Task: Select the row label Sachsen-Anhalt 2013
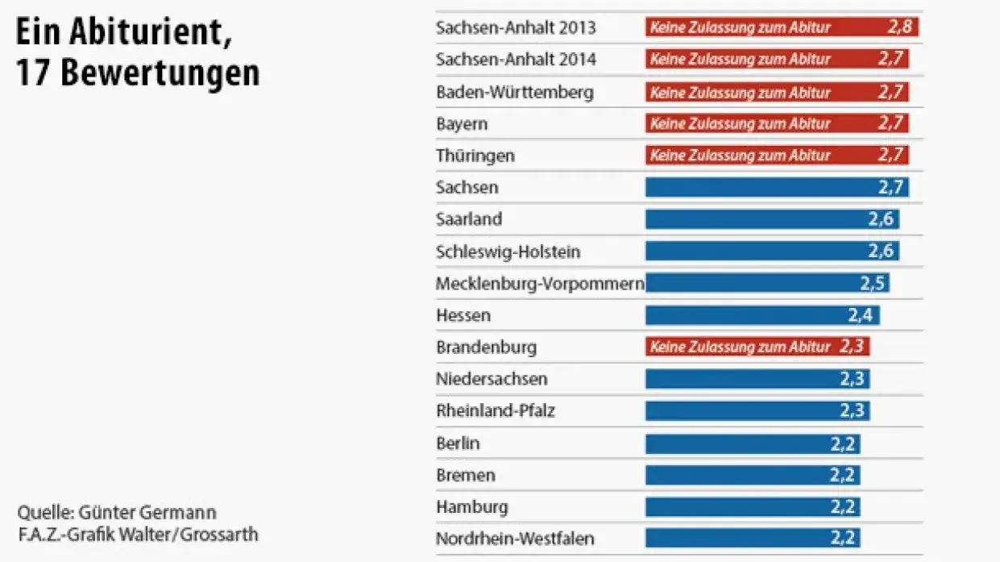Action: click(x=516, y=27)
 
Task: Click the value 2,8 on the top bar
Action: click(x=899, y=27)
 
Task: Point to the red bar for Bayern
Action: click(x=777, y=123)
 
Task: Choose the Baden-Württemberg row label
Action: click(x=514, y=92)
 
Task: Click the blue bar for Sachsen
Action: click(x=777, y=188)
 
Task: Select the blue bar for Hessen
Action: click(x=762, y=315)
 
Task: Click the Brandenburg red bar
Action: click(x=757, y=347)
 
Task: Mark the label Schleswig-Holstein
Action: click(x=508, y=252)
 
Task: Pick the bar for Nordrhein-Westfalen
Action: click(x=753, y=538)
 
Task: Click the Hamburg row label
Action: click(x=472, y=507)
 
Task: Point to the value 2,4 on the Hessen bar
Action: click(x=861, y=315)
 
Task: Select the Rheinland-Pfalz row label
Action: click(x=495, y=411)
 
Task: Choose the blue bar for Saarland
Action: click(x=772, y=219)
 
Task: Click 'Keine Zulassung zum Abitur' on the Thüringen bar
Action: click(x=740, y=156)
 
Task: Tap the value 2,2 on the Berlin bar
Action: click(x=842, y=443)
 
